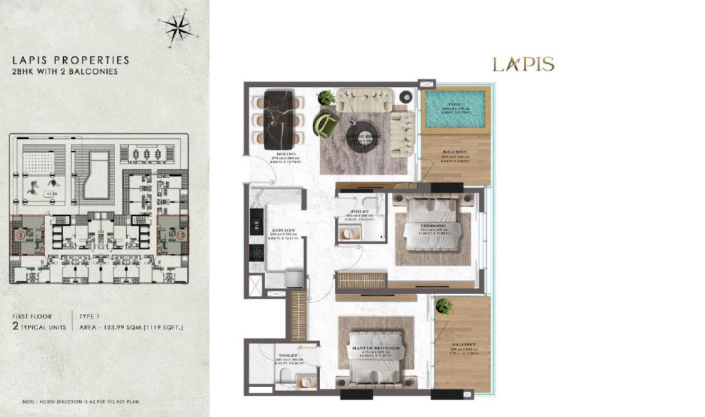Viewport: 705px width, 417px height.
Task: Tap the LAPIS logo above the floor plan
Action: pyautogui.click(x=523, y=64)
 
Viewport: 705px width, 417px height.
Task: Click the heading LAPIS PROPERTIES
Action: pyautogui.click(x=70, y=60)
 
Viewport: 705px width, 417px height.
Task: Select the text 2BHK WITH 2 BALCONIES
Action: pyautogui.click(x=65, y=72)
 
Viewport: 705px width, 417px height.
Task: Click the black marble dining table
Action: pyautogui.click(x=279, y=119)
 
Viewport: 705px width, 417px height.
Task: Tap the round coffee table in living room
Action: pyautogui.click(x=363, y=137)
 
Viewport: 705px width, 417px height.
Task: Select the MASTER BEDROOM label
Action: pyautogui.click(x=376, y=348)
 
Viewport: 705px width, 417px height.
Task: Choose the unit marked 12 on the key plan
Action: pyautogui.click(x=181, y=235)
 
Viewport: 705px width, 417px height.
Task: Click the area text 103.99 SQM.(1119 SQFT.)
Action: pyautogui.click(x=131, y=327)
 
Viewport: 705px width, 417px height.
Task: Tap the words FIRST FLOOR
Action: pyautogui.click(x=41, y=316)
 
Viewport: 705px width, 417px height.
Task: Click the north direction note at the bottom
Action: pyautogui.click(x=81, y=402)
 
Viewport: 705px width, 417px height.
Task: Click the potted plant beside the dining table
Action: pyautogui.click(x=326, y=98)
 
